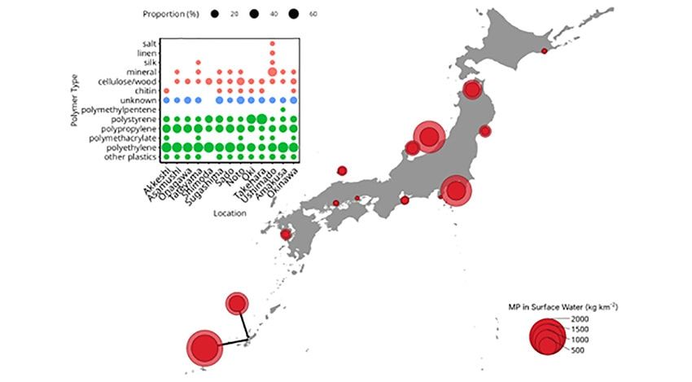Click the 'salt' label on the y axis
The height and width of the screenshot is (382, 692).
click(x=148, y=43)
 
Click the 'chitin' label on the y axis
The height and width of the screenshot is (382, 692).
click(x=147, y=91)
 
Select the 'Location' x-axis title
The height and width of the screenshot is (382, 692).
click(x=230, y=213)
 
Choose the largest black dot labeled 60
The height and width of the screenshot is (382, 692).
click(x=291, y=14)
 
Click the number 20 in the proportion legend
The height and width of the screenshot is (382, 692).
click(x=234, y=14)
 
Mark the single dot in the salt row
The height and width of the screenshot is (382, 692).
click(x=272, y=43)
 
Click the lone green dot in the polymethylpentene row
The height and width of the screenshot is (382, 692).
click(x=282, y=109)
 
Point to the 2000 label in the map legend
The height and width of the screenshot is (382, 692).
click(x=579, y=318)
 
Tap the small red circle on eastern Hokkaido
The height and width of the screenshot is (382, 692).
click(x=544, y=51)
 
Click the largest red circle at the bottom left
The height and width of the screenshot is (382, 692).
click(x=204, y=347)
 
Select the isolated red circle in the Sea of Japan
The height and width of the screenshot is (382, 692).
click(x=342, y=170)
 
